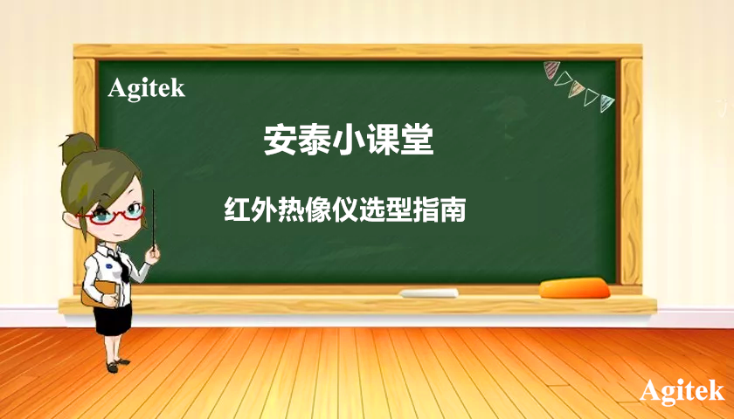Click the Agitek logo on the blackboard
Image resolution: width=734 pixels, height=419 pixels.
147,87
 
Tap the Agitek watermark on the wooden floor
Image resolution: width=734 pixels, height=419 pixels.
682,391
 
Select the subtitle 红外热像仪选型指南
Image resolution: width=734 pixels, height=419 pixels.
344,211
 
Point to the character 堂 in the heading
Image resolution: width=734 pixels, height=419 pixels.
418,140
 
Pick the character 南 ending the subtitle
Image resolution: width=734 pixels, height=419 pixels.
452,211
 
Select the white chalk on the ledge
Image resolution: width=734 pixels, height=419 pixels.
429,292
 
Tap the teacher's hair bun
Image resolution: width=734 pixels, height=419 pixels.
79,148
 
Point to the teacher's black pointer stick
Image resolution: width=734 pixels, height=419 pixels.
155,218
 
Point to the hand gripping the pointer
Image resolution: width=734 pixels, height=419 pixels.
155,251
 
